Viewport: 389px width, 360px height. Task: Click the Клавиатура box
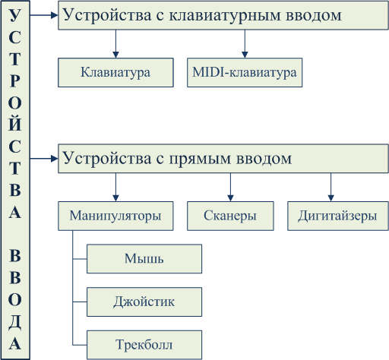tap(115, 73)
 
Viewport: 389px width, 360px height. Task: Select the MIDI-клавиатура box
tap(245, 73)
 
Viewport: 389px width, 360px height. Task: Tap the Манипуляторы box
tap(115, 216)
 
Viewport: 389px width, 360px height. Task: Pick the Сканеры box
tap(230, 216)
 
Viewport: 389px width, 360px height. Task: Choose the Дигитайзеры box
tap(338, 216)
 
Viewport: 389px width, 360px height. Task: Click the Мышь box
tap(144, 259)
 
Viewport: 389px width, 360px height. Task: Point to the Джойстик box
tap(144, 302)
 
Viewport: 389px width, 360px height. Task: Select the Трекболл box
tap(144, 345)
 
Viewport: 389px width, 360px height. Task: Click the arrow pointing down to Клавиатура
tap(115, 44)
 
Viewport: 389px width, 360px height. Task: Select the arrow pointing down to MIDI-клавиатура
tap(245, 44)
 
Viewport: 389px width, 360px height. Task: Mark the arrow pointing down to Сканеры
tap(230, 188)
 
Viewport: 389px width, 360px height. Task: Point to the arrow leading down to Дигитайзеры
tap(330, 188)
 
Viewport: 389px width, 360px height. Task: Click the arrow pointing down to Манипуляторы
tap(115, 188)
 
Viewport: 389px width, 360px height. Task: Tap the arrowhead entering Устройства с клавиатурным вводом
tap(55, 15)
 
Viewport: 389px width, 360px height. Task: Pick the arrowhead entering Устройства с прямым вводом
tap(55, 159)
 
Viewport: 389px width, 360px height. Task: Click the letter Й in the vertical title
tap(15, 124)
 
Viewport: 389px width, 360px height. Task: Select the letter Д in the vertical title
tap(15, 322)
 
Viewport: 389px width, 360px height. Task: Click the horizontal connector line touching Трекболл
tap(80, 345)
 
